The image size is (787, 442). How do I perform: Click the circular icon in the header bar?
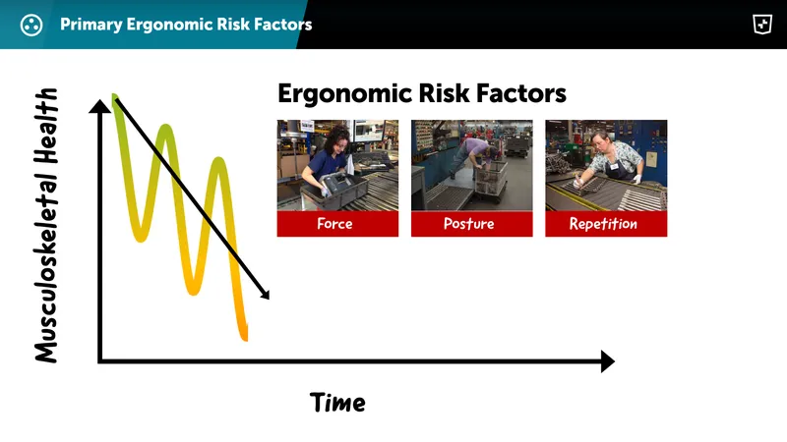31,25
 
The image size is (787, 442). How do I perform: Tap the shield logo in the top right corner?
760,25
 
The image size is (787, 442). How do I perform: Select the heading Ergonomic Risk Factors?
421,93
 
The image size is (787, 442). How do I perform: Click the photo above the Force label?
336,165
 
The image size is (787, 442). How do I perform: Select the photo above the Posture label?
471,165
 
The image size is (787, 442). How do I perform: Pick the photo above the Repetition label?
606,165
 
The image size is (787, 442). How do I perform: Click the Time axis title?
337,403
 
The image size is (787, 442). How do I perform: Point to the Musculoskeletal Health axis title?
46,226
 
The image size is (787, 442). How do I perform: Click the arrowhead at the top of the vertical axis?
99,105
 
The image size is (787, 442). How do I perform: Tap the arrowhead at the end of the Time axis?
606,361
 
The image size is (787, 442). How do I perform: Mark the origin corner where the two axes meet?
99,361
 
